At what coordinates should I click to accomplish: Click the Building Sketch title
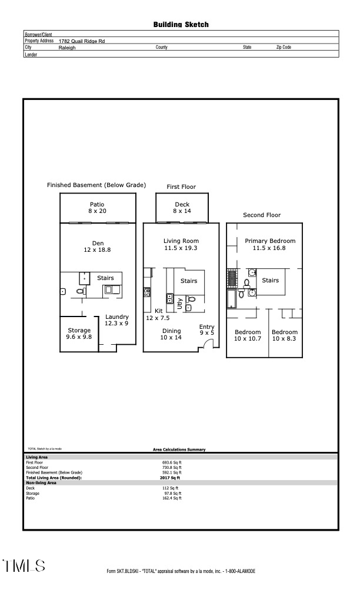[x=181, y=25]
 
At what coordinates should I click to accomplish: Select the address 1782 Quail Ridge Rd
[x=82, y=41]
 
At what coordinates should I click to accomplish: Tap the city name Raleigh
[x=67, y=47]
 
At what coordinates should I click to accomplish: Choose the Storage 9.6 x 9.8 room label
[x=79, y=334]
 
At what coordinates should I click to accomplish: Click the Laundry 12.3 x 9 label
[x=116, y=320]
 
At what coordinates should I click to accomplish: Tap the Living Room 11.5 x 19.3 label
[x=181, y=244]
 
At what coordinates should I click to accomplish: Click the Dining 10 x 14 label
[x=171, y=334]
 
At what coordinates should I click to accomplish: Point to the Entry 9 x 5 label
[x=207, y=331]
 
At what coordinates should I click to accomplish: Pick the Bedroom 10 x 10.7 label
[x=247, y=335]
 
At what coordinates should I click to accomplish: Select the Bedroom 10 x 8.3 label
[x=285, y=335]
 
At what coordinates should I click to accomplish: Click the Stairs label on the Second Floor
[x=270, y=281]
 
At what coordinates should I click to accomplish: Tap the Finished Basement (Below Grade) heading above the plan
[x=96, y=185]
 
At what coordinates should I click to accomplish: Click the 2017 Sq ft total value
[x=171, y=478]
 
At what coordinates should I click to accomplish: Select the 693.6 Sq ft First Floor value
[x=172, y=462]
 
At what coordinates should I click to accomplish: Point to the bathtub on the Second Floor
[x=231, y=298]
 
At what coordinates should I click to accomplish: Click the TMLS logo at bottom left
[x=24, y=566]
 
